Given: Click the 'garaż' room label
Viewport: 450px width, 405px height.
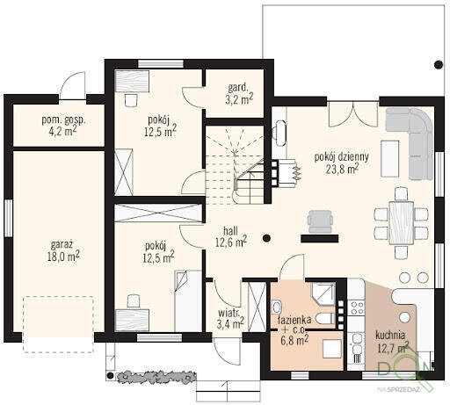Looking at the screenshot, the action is point(62,245).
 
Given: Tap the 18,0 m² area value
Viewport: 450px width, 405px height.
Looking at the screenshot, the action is point(63,257).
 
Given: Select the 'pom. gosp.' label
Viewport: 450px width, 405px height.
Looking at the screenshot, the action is point(63,120).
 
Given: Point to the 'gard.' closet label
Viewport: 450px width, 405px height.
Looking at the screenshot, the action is point(238,87).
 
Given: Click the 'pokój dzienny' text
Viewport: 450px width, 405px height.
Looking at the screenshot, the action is point(341,157).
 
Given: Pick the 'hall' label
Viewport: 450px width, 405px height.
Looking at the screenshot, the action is point(230,231).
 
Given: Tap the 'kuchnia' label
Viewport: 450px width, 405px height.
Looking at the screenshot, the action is point(390,335).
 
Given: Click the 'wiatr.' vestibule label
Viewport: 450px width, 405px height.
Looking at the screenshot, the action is point(229,313).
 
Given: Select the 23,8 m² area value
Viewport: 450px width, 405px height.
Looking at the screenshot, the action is point(343,169).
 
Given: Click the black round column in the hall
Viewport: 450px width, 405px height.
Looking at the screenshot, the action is point(266,238).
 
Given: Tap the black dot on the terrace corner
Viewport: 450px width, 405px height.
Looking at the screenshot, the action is point(439,65).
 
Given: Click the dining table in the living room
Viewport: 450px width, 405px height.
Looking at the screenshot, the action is point(402,222).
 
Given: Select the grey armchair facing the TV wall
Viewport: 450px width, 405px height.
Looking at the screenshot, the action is point(320,221).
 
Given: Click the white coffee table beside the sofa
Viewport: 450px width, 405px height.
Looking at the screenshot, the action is point(390,159).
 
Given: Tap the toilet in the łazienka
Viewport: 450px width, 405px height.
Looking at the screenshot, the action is point(325,318).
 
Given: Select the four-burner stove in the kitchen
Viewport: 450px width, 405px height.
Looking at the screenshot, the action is point(357,307).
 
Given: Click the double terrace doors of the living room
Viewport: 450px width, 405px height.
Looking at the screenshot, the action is point(353,114).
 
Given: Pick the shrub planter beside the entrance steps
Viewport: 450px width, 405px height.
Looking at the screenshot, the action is point(156,377).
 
